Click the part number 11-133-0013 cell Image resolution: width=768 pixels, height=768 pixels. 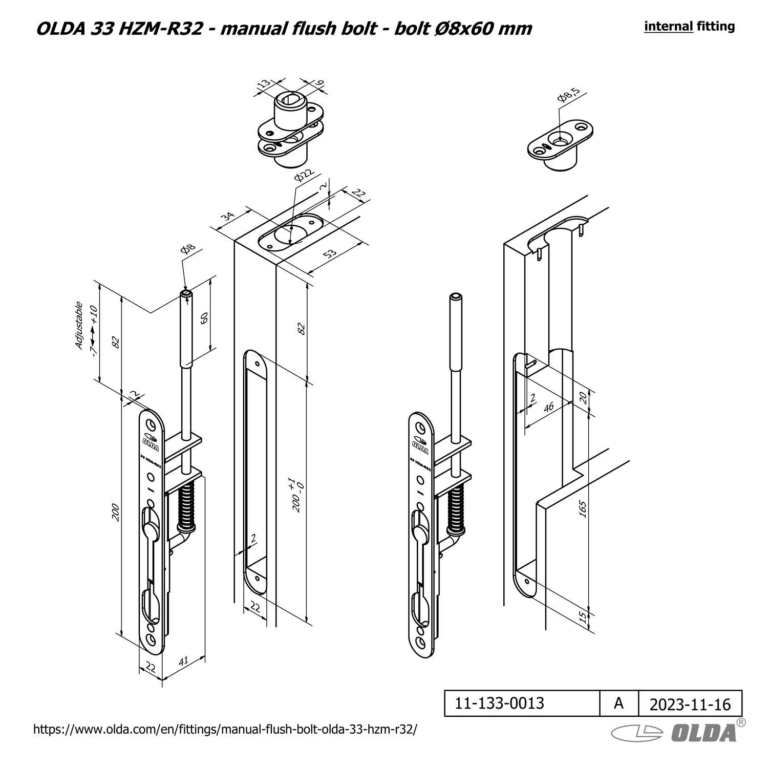(499, 703)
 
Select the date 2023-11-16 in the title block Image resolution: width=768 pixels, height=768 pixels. (690, 705)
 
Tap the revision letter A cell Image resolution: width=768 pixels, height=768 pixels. (618, 703)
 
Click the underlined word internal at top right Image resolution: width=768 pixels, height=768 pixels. (668, 27)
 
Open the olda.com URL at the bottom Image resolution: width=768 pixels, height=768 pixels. (225, 729)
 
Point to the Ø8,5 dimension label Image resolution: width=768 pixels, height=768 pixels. (569, 95)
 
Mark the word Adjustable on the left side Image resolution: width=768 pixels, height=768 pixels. (79, 326)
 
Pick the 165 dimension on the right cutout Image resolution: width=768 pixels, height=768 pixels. (582, 509)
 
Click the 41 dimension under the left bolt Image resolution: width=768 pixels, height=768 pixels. (183, 661)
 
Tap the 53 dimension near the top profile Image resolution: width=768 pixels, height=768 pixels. (331, 253)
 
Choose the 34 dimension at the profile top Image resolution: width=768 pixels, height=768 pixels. (227, 217)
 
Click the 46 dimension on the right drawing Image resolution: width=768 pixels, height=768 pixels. (548, 408)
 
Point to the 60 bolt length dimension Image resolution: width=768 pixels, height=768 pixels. (204, 318)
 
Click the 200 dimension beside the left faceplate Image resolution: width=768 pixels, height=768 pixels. (116, 513)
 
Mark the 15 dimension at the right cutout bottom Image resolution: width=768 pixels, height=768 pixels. (582, 617)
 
